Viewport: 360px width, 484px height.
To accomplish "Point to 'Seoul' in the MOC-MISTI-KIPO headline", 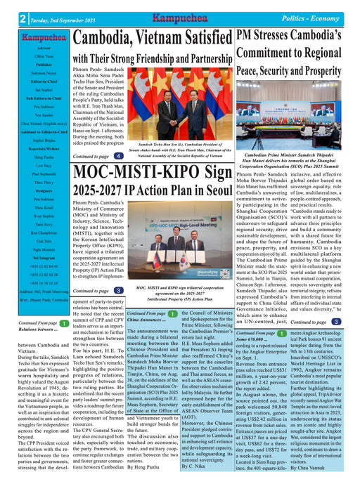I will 212,190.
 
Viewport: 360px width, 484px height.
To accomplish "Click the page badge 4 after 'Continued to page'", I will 119,156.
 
